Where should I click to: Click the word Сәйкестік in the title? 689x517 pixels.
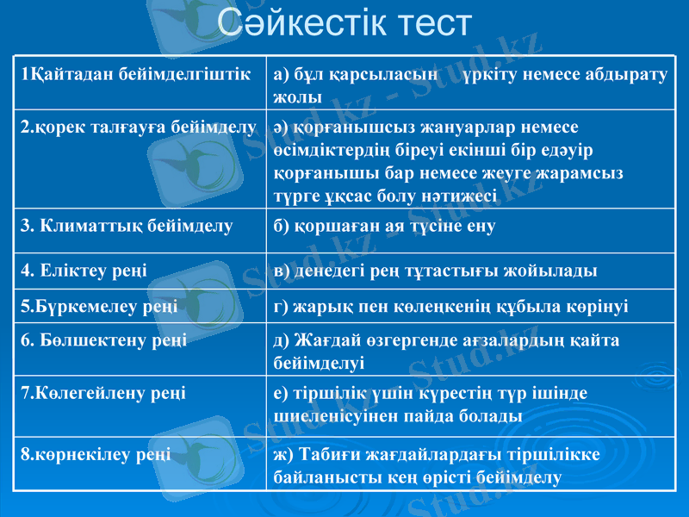(x=294, y=26)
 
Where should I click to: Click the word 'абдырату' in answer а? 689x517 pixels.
(x=627, y=75)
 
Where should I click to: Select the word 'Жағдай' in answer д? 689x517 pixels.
(x=328, y=340)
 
